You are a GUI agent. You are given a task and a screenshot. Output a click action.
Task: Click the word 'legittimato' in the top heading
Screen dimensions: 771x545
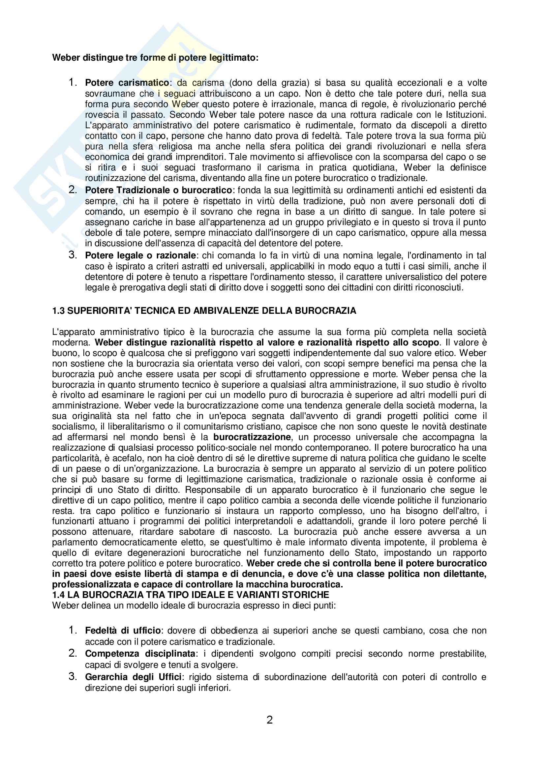click(234, 58)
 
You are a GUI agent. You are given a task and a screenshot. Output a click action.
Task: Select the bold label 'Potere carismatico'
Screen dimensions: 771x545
click(127, 83)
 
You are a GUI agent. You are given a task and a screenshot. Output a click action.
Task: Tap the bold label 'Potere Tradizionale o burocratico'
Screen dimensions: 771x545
click(159, 190)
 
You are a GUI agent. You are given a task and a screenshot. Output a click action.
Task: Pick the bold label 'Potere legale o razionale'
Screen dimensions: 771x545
click(140, 255)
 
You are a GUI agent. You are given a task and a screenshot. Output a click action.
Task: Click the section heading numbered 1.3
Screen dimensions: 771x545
click(204, 311)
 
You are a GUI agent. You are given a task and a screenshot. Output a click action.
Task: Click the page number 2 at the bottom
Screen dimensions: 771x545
click(270, 720)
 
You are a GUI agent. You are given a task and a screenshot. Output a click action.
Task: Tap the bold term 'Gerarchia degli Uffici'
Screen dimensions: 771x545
click(133, 677)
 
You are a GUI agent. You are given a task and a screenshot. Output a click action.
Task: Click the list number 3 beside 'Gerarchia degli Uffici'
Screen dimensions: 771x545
click(73, 676)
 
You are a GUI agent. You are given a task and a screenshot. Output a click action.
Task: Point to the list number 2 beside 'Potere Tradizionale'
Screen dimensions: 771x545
click(73, 190)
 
